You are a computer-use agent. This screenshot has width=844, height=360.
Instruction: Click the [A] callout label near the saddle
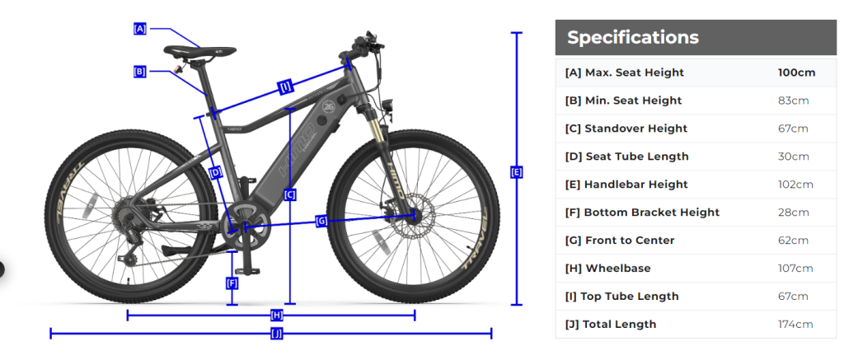[140, 29]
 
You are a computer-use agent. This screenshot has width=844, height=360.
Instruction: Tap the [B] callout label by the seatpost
[139, 71]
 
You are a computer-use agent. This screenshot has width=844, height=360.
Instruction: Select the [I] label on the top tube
[286, 86]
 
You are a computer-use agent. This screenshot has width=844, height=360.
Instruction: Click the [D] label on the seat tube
[215, 173]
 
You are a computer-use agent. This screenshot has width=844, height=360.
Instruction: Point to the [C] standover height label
[289, 194]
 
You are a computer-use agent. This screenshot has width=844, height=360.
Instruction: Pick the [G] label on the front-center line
[321, 221]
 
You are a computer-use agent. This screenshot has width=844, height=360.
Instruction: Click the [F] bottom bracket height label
[232, 283]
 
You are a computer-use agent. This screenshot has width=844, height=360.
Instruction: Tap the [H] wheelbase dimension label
[277, 316]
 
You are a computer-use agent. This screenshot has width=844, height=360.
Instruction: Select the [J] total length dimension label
[277, 334]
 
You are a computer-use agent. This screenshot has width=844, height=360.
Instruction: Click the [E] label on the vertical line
[516, 172]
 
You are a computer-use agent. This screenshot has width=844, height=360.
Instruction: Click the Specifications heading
[633, 37]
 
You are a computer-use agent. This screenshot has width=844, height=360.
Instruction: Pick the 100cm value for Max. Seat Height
[797, 72]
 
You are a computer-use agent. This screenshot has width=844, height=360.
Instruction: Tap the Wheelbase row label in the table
[607, 268]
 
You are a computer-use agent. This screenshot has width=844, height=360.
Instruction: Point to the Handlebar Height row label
[626, 185]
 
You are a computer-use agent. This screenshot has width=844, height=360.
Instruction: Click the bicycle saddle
[200, 51]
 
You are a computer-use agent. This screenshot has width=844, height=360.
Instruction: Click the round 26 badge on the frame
[329, 106]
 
